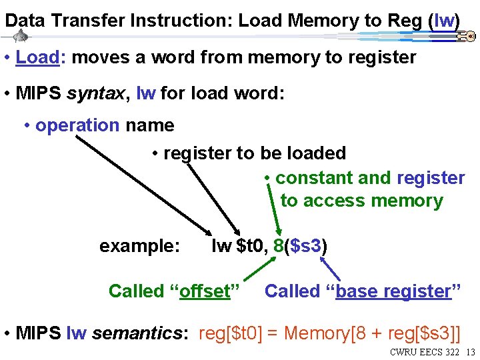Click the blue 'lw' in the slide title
point(443,21)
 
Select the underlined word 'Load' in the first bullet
point(37,57)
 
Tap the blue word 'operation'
point(77,125)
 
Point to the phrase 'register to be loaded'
point(255,153)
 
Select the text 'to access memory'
point(361,201)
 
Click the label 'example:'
point(139,247)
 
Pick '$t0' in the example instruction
point(252,247)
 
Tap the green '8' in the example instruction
point(278,247)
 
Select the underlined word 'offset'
point(205,291)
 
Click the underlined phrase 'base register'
point(393,291)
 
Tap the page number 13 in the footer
point(470,351)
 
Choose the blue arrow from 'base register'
point(331,270)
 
